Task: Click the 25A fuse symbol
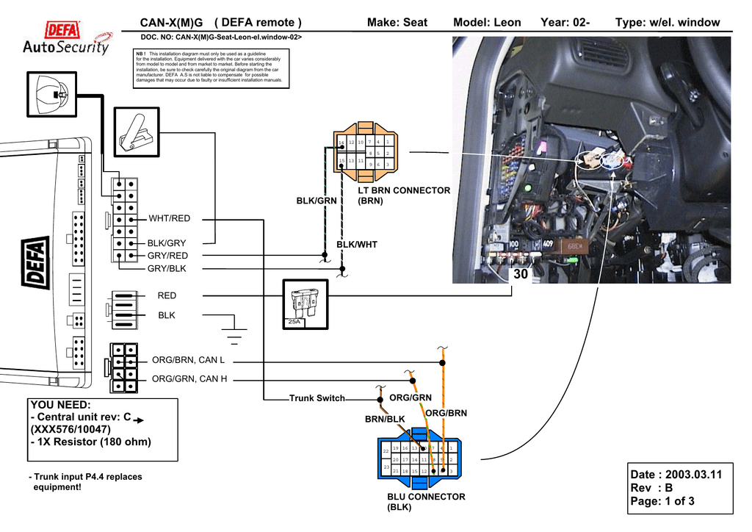coord(304,303)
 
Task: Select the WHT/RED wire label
coord(169,218)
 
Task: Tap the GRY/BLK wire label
coord(167,269)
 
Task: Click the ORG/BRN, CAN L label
coord(188,360)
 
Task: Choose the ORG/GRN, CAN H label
coord(189,379)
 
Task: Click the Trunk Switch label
coord(317,398)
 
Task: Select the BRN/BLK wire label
coord(385,420)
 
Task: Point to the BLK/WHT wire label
coord(356,245)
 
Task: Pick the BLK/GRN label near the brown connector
coord(317,201)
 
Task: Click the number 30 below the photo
coord(521,274)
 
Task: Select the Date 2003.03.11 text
coord(676,475)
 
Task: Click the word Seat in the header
coord(415,23)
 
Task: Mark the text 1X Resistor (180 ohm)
coord(90,442)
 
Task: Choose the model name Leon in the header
coord(507,23)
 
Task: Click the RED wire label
coord(167,295)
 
